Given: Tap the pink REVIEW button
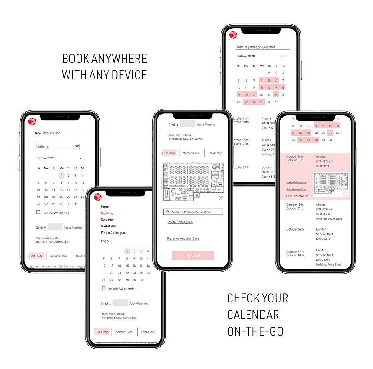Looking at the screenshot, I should [x=193, y=256].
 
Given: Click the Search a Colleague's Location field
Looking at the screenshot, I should [x=193, y=212].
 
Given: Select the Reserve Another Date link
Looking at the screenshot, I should [x=183, y=238].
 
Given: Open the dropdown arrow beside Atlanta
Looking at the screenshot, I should [x=77, y=146].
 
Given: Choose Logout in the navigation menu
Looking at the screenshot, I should [x=106, y=241].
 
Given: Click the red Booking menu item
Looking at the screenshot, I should [x=107, y=213].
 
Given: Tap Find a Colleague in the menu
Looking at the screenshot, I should [x=113, y=233].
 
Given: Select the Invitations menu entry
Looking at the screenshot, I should [x=109, y=226].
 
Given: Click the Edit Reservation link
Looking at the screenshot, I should [x=296, y=190].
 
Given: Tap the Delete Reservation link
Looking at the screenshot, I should [x=297, y=196].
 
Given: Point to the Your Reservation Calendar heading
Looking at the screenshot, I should [x=255, y=47].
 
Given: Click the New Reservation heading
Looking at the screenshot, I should [x=47, y=133].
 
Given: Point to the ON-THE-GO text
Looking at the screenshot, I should [x=255, y=331].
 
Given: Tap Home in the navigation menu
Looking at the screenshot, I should [x=105, y=207].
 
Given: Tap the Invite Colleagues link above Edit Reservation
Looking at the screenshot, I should [x=296, y=182].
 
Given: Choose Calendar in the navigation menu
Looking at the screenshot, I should [x=107, y=220].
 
